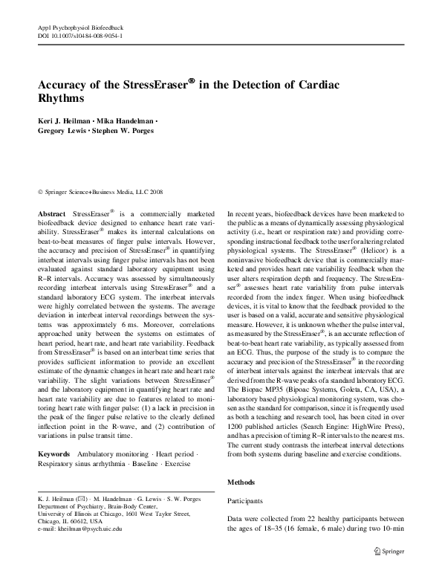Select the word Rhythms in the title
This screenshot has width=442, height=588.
(62, 98)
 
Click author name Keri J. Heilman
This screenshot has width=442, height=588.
(65, 121)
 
